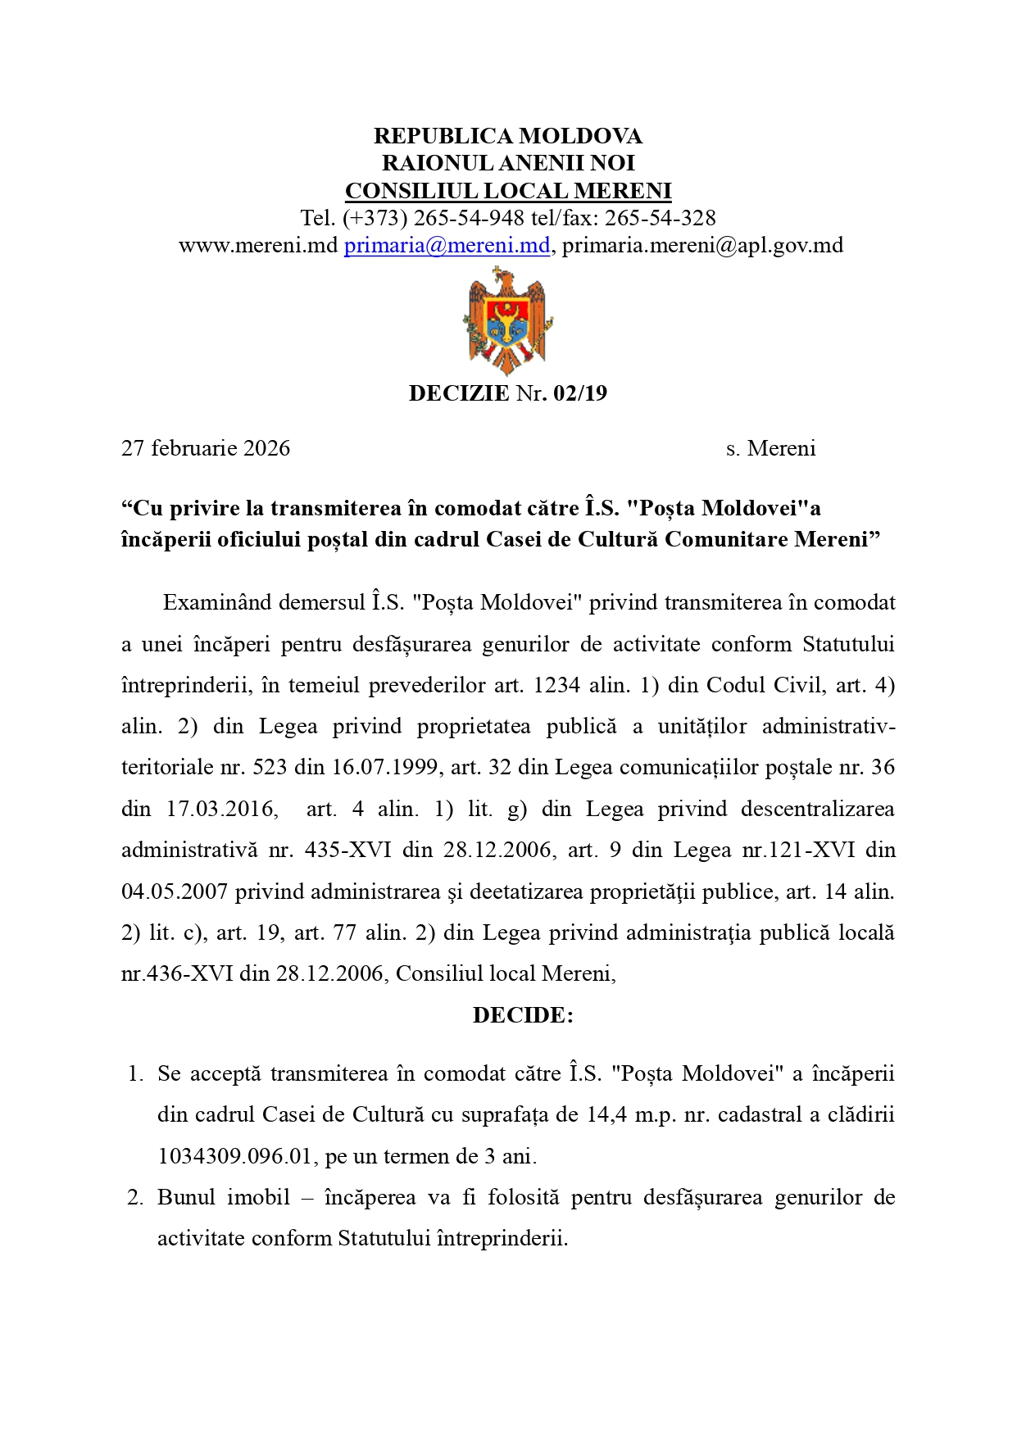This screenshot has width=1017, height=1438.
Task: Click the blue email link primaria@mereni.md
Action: coord(447,245)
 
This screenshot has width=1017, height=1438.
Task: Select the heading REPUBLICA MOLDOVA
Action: coord(508,135)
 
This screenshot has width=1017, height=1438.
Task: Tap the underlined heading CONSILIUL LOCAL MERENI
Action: coord(508,191)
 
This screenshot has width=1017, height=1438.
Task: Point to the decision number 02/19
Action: coord(580,393)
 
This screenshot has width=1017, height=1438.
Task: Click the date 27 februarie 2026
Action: coord(206,448)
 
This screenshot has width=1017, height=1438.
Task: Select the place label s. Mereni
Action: coord(770,448)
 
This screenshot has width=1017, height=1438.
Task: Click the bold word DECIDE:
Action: coord(523,1015)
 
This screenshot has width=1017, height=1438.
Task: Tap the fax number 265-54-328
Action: coord(660,218)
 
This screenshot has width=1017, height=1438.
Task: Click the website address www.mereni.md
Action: coord(258,245)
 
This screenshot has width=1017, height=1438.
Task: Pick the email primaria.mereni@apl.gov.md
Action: coord(702,245)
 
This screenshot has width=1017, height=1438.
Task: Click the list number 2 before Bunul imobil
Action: coord(135,1197)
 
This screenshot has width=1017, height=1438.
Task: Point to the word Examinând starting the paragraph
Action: coord(217,602)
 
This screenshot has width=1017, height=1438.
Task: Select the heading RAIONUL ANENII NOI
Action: coord(508,163)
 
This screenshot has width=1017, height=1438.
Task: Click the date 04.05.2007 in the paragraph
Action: coord(175,891)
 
